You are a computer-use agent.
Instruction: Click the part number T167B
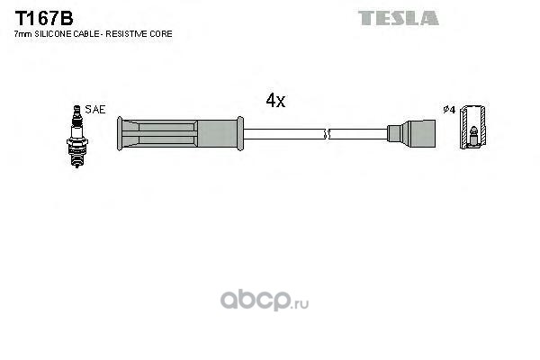(44, 18)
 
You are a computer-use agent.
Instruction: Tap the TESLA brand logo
(399, 18)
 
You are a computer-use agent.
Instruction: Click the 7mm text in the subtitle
(23, 34)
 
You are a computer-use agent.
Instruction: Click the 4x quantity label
(275, 101)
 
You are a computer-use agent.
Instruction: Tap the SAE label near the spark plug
(95, 110)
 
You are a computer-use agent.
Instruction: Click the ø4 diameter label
(449, 110)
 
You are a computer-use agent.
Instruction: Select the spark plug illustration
(76, 136)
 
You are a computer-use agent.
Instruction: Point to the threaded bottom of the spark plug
(76, 157)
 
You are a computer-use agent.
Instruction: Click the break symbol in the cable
(327, 134)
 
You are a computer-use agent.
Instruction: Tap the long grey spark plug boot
(180, 134)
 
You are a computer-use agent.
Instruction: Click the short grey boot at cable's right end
(411, 134)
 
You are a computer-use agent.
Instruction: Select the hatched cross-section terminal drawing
(473, 126)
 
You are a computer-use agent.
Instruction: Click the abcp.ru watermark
(265, 301)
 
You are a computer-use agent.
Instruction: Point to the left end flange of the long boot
(120, 134)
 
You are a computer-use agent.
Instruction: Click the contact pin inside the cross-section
(473, 136)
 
